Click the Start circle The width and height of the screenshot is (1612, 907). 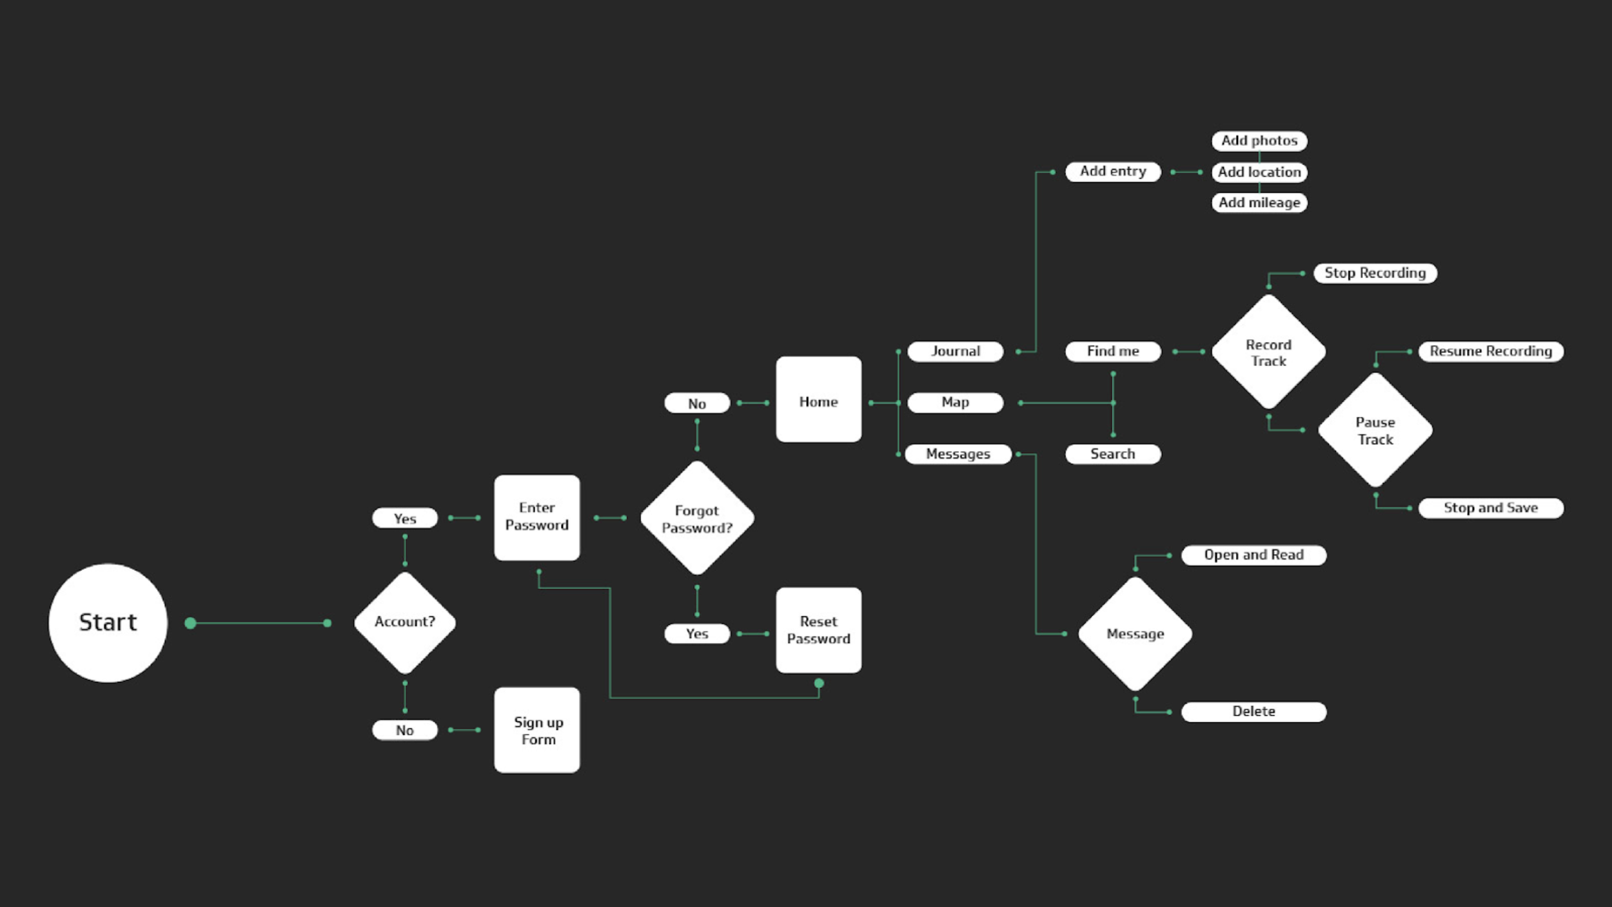(108, 623)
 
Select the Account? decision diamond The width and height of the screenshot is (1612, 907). (405, 623)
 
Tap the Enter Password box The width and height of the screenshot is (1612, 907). (537, 517)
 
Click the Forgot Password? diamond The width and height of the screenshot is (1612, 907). (697, 518)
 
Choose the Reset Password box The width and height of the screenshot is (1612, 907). (819, 630)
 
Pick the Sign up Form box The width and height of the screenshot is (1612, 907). (537, 730)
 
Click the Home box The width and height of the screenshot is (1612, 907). (819, 399)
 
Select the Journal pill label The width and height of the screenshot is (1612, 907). (956, 352)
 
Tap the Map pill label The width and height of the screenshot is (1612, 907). (956, 403)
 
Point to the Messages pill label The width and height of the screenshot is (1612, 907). (958, 454)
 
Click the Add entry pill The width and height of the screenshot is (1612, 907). (1113, 172)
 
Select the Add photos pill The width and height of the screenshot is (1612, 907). (1259, 141)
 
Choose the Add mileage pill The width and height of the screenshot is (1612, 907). (1259, 203)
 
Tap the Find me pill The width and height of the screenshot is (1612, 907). (1113, 352)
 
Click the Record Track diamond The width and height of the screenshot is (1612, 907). (1269, 352)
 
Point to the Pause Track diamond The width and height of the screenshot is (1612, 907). (1375, 430)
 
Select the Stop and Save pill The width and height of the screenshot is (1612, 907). (1491, 508)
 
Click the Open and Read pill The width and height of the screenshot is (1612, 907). (1254, 555)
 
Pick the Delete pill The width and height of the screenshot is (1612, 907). (1254, 712)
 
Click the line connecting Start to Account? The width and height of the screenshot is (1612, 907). (259, 623)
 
